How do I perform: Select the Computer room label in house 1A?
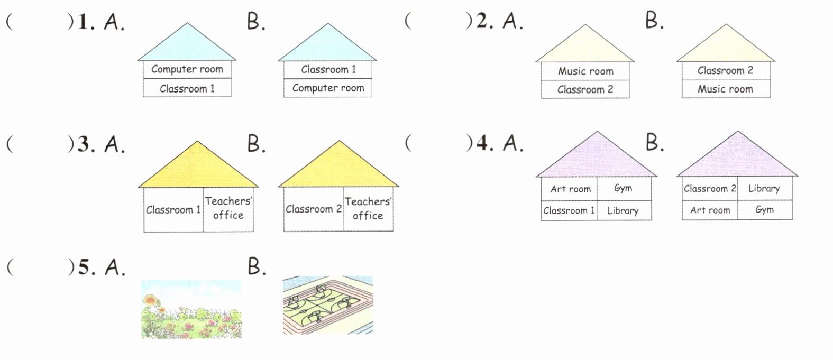187,69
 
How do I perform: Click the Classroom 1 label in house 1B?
328,69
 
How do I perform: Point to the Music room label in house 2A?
585,71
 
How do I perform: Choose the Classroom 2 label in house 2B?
725,70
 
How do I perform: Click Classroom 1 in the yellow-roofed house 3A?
173,210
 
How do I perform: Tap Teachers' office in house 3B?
368,208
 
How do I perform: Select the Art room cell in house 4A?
570,189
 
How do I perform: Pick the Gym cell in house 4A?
623,188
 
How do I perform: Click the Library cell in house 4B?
764,189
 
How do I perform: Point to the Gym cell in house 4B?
764,210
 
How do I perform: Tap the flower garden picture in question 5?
191,309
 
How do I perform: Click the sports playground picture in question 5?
327,305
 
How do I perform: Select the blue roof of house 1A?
187,45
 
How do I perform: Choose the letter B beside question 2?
654,21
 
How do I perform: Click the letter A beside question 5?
115,267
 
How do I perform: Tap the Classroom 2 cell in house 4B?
710,189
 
